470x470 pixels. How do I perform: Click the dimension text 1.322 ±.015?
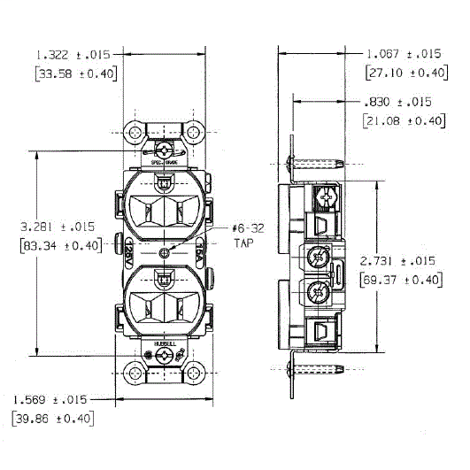pyautogui.click(x=76, y=55)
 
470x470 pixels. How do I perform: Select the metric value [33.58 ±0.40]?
pyautogui.click(x=76, y=73)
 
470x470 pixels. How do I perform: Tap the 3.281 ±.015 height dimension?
pyautogui.click(x=55, y=228)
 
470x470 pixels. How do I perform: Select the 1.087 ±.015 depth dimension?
pyautogui.click(x=405, y=53)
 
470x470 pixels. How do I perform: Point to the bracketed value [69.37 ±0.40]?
pyautogui.click(x=400, y=280)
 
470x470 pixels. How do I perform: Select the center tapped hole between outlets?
pyautogui.click(x=165, y=253)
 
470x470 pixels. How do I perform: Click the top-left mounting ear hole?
pyautogui.click(x=135, y=134)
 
